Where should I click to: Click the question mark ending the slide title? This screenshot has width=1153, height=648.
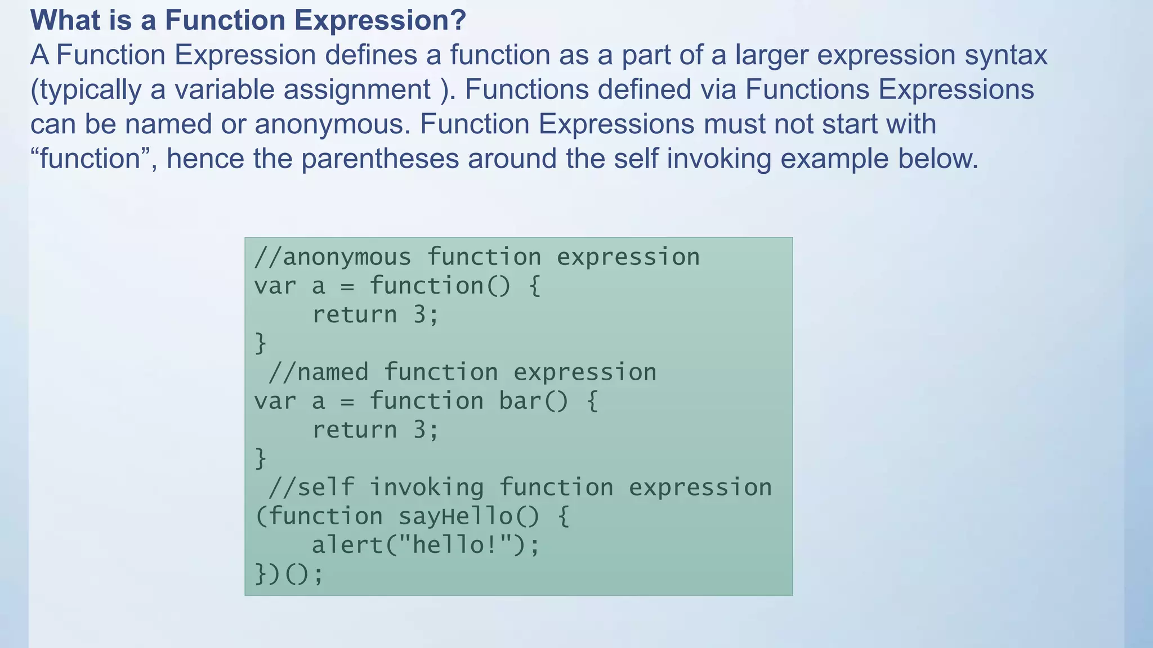click(458, 20)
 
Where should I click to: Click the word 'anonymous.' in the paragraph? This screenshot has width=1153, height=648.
click(333, 124)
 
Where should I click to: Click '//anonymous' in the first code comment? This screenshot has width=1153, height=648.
click(333, 257)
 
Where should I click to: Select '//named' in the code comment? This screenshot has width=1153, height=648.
click(318, 372)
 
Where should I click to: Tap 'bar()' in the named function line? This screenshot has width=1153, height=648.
click(534, 401)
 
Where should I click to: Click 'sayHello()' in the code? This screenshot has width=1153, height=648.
click(469, 516)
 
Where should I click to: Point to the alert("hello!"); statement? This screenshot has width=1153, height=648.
click(426, 545)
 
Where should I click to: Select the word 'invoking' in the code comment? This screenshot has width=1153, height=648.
click(426, 488)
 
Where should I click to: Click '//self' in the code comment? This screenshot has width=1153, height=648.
click(311, 488)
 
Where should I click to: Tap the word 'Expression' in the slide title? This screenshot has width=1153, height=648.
click(372, 20)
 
